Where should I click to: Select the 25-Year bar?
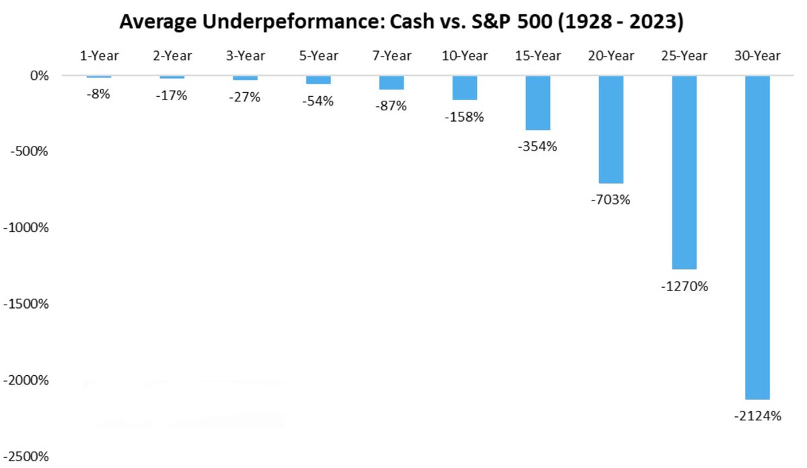(x=684, y=172)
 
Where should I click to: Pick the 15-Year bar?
(x=538, y=103)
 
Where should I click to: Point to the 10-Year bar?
(x=465, y=88)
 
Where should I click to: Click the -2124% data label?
(x=757, y=416)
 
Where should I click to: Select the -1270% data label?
(x=684, y=286)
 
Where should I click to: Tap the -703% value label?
(x=611, y=200)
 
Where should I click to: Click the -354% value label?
(x=538, y=147)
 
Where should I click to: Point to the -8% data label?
(x=98, y=94)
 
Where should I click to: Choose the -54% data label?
(x=318, y=102)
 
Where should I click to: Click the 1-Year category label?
(x=99, y=56)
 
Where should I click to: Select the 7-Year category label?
(x=391, y=56)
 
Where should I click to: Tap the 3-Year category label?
(x=245, y=56)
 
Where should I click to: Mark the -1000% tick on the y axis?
(x=27, y=228)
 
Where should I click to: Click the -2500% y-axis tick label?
(x=27, y=457)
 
